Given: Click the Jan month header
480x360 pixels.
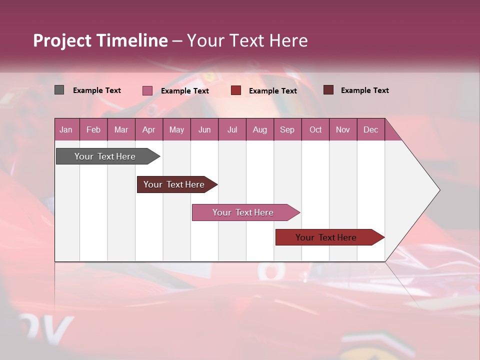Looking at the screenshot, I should click(66, 129).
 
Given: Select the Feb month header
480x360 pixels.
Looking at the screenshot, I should click(93, 129).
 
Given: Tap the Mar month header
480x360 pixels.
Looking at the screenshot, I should click(121, 129).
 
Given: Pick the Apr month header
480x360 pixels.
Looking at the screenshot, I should click(149, 129).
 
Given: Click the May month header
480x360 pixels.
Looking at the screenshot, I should click(176, 129).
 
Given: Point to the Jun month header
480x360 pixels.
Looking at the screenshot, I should click(204, 129).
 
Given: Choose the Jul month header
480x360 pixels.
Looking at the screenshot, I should click(232, 129).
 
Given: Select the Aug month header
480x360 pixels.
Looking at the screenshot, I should click(260, 129).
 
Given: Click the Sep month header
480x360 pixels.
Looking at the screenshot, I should click(287, 129).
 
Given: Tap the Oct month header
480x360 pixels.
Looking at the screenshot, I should click(315, 129).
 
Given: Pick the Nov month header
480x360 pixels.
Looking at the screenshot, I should click(343, 129).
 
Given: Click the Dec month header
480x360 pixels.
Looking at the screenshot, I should click(371, 129).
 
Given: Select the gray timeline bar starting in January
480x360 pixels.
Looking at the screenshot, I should click(105, 156).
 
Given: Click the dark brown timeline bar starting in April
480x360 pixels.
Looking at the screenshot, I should click(174, 184).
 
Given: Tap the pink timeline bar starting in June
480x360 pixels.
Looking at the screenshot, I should click(243, 212).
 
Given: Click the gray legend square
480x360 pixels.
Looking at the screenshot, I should click(59, 90).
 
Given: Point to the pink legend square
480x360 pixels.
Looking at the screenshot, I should click(147, 90).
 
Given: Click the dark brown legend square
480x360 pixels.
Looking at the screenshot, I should click(328, 90).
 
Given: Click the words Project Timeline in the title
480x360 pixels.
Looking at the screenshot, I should click(100, 40).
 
